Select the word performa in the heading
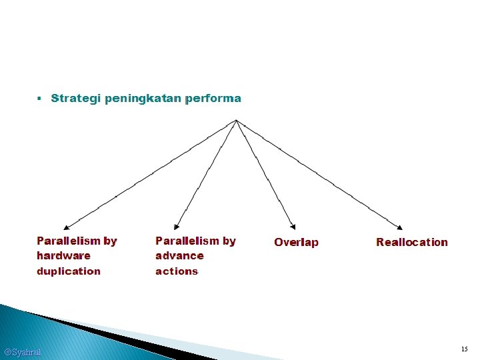pos(213,99)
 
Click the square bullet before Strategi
pos(40,99)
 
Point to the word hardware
pos(63,256)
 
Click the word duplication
pos(69,271)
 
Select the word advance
pos(179,256)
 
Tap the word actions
pos(177,271)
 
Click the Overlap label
pos(296,243)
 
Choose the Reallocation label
pos(412,243)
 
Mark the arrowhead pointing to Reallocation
pos(399,227)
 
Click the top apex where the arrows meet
pos(236,121)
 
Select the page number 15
pos(464,349)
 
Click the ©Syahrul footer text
pos(22,351)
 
